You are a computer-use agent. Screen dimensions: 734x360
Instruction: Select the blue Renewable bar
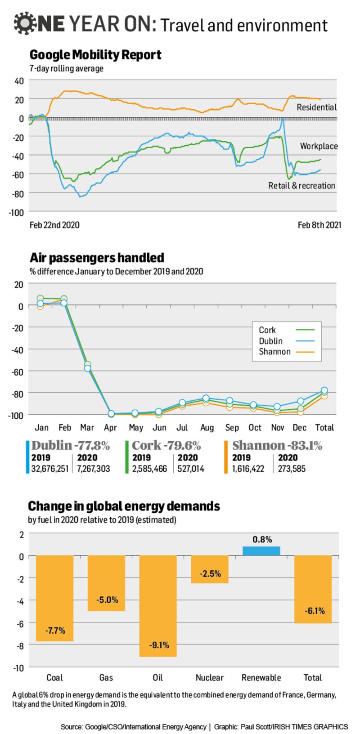pos(261,551)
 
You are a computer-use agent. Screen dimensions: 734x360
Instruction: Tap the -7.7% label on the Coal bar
pos(55,631)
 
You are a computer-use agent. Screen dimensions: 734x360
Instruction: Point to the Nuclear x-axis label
pos(210,677)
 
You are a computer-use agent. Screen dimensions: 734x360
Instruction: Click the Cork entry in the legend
pos(267,330)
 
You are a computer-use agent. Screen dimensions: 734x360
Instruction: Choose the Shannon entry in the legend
pos(274,351)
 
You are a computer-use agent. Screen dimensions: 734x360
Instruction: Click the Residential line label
pos(317,107)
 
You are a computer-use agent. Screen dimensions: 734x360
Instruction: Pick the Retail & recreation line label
pos(301,185)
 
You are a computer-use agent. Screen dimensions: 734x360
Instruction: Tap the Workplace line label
pos(319,146)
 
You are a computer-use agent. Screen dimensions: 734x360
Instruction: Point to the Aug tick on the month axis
pos(207,427)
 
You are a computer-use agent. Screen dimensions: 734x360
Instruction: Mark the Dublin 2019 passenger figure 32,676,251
pos(50,469)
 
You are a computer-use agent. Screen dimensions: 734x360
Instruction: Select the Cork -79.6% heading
pos(166,445)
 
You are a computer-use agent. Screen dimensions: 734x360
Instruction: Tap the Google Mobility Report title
pos(95,55)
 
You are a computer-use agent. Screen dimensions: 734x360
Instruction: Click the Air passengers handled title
pos(97,258)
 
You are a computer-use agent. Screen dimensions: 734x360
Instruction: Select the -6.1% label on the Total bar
pos(314,611)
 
